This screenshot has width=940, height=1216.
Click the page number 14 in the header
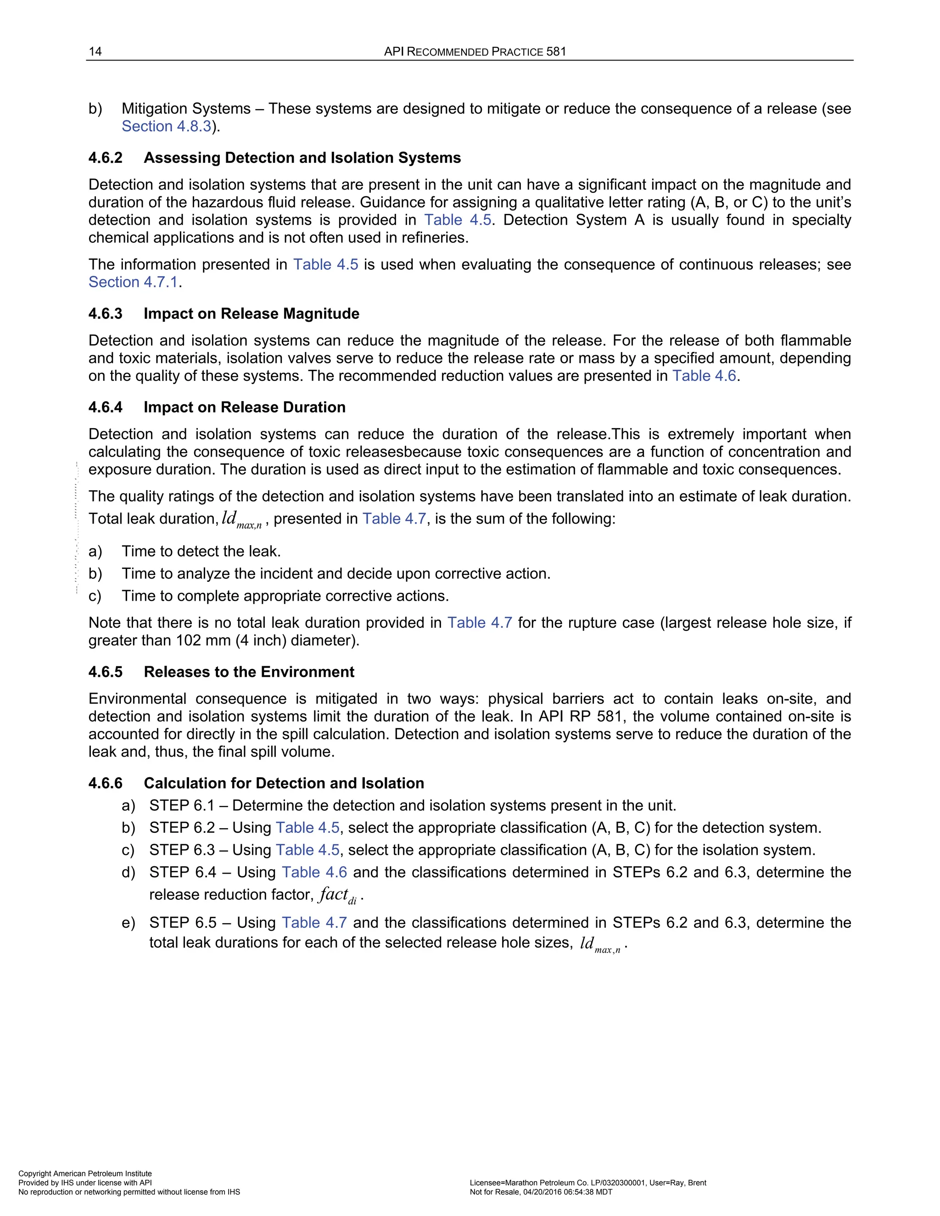point(95,52)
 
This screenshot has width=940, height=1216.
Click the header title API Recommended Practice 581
point(475,52)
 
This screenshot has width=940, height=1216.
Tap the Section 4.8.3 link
point(167,126)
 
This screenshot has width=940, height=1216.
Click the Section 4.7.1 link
point(133,282)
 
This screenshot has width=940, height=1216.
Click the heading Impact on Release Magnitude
point(251,314)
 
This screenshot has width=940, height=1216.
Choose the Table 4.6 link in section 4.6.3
point(704,376)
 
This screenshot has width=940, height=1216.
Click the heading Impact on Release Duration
point(245,407)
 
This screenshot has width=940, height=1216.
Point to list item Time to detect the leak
point(201,551)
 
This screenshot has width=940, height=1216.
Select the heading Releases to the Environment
point(249,672)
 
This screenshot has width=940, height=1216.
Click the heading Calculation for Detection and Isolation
point(284,783)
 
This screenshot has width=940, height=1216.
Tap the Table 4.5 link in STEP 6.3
point(308,850)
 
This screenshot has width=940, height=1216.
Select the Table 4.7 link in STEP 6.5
point(314,923)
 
